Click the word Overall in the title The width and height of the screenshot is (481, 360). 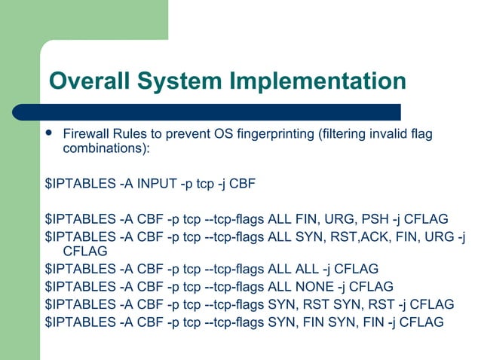click(x=89, y=81)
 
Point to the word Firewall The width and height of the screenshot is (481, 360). click(x=84, y=134)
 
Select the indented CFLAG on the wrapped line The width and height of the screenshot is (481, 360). click(x=84, y=252)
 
